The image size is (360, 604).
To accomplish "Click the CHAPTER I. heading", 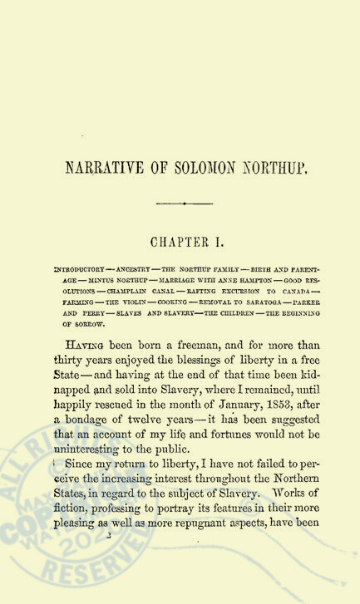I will pyautogui.click(x=180, y=243).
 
